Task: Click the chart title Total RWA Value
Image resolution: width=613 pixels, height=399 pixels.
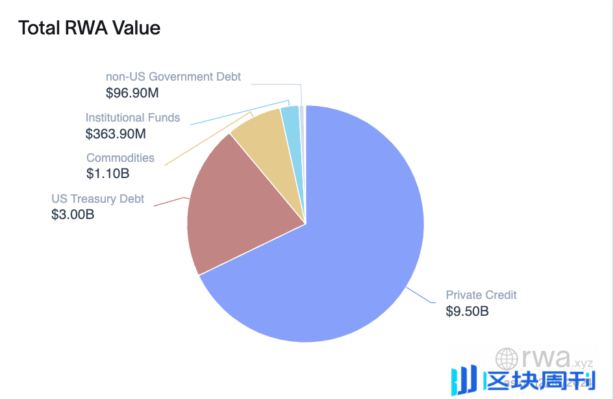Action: pyautogui.click(x=89, y=28)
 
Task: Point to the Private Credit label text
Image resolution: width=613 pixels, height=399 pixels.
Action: pyautogui.click(x=481, y=295)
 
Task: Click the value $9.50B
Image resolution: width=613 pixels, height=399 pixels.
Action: pyautogui.click(x=467, y=311)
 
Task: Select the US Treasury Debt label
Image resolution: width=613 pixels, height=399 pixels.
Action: pyautogui.click(x=98, y=199)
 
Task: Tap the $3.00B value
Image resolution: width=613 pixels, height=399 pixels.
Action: pyautogui.click(x=73, y=214)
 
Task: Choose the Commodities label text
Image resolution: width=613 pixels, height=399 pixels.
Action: pyautogui.click(x=120, y=158)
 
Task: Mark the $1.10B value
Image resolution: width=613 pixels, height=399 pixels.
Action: pyautogui.click(x=108, y=174)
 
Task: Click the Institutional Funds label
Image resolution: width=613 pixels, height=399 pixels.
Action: pyautogui.click(x=132, y=118)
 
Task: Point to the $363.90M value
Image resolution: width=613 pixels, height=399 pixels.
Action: pyautogui.click(x=116, y=134)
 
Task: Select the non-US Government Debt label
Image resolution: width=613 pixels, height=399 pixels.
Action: pyautogui.click(x=173, y=77)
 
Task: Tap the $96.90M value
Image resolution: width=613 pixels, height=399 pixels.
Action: pyautogui.click(x=132, y=93)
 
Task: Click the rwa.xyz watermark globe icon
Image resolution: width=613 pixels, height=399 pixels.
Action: pyautogui.click(x=507, y=359)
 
